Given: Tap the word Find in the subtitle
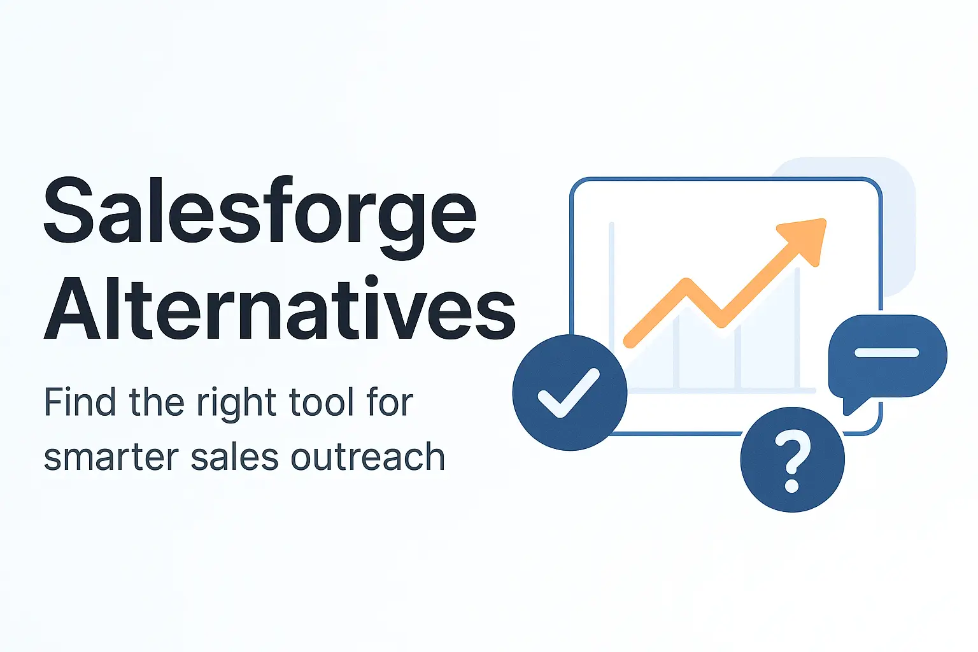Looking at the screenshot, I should (x=80, y=402).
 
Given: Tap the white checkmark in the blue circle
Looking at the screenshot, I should (x=569, y=393).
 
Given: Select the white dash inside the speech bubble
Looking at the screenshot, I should (x=886, y=353).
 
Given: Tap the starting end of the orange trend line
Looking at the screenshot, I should (x=630, y=342).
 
